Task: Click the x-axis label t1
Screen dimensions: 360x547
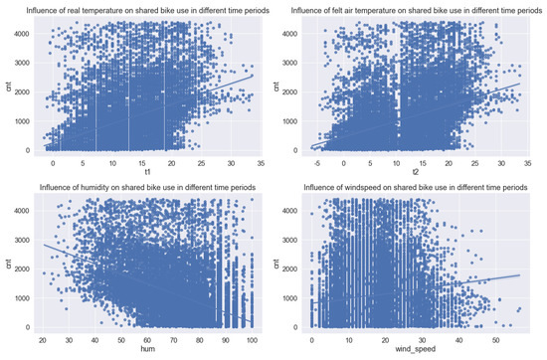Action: [x=146, y=174]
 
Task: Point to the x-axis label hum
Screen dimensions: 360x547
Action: [x=146, y=352]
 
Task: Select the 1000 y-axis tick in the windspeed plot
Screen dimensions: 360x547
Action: [x=289, y=296]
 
